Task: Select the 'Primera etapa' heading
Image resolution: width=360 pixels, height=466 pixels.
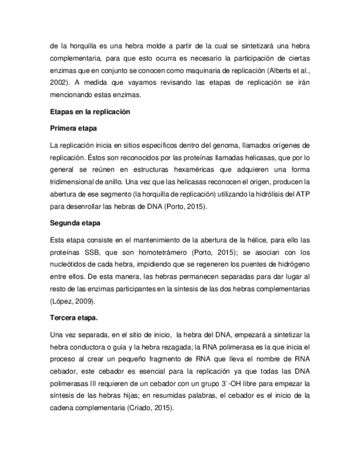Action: coord(73,129)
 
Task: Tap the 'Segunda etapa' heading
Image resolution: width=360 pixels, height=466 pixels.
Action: coord(74,224)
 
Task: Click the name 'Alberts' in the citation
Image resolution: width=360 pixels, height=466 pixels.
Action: coord(279,70)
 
